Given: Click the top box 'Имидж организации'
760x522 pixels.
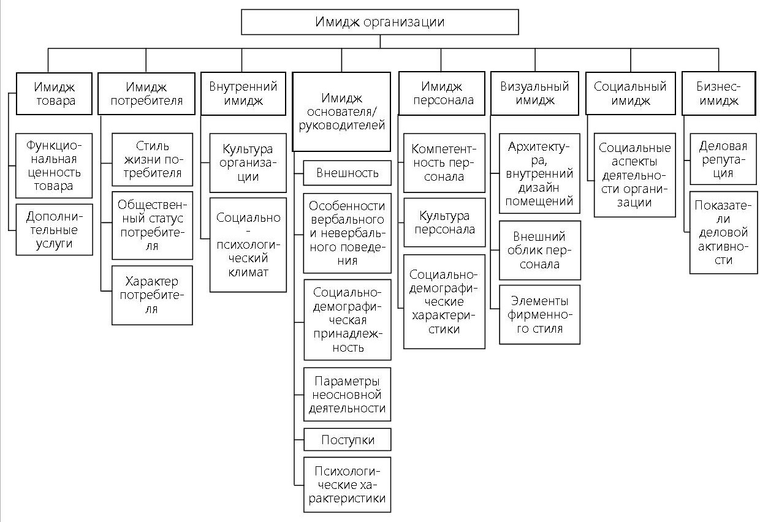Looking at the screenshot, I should click(380, 23).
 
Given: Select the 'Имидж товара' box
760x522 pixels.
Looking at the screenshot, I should click(55, 93).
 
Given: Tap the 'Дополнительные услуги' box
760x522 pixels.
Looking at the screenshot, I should click(55, 229).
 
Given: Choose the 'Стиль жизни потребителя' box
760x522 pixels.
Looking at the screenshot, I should click(152, 159).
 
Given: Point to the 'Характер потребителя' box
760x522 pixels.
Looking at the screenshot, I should click(152, 295).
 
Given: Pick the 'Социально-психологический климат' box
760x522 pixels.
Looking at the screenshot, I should click(248, 244).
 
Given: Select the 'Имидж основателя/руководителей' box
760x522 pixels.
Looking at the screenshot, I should click(341, 112).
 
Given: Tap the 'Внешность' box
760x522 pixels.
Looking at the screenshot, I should click(348, 173).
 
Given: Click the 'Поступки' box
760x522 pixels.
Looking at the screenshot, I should click(348, 439).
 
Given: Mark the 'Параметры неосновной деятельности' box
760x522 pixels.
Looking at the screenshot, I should click(348, 393).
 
